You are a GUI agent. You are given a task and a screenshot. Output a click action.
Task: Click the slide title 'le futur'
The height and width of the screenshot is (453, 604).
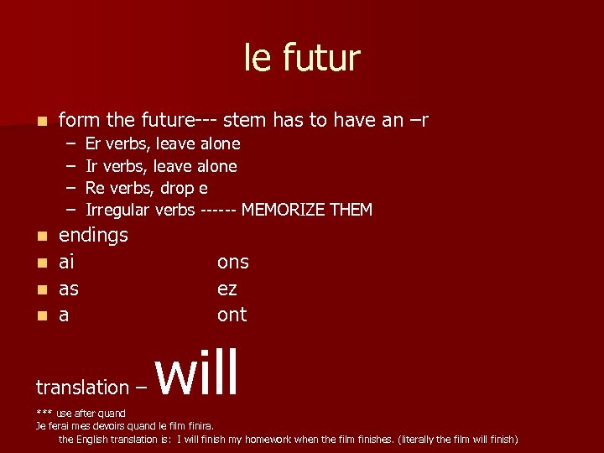tap(302, 59)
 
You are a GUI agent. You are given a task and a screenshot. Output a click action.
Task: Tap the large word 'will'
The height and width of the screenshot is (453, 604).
tap(198, 374)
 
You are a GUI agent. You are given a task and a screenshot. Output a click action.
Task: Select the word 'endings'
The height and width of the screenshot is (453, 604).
tap(93, 235)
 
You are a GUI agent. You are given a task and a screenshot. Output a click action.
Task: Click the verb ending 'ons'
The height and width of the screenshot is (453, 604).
tap(232, 262)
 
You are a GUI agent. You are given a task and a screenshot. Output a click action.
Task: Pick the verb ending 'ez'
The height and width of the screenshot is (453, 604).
tap(226, 289)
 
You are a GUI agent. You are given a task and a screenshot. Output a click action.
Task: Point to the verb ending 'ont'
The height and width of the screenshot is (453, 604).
tap(232, 315)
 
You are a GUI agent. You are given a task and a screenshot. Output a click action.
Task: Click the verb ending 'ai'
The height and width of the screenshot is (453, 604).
tap(66, 262)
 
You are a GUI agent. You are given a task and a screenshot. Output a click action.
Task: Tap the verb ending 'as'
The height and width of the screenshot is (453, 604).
tap(69, 289)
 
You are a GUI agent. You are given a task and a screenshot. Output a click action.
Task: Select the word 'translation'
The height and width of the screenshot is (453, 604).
tap(82, 388)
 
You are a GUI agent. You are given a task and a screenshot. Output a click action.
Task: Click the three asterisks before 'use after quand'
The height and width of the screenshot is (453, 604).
tap(44, 414)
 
